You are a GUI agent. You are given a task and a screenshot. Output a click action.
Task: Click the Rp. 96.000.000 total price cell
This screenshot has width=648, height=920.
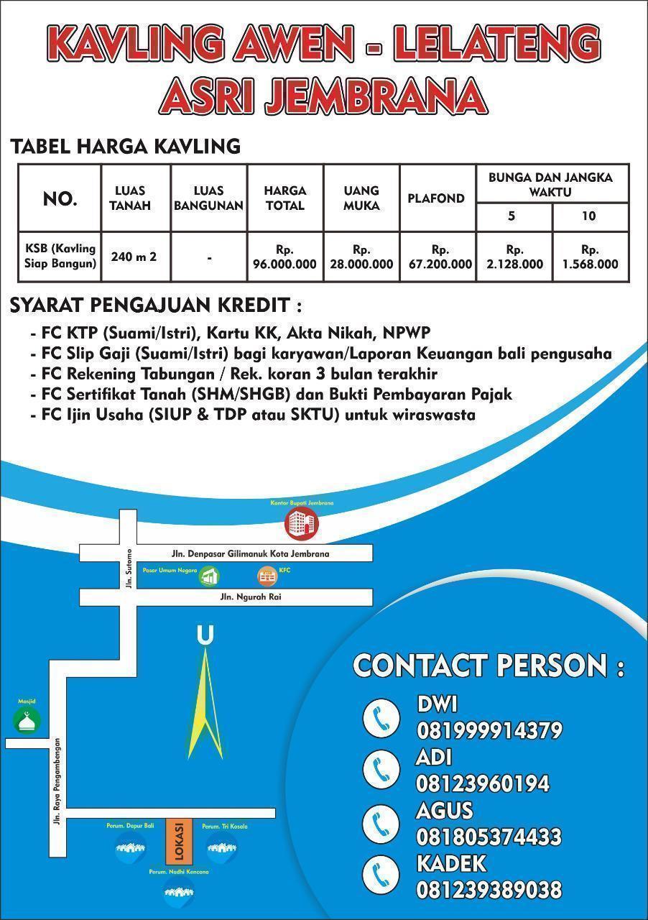tap(285, 257)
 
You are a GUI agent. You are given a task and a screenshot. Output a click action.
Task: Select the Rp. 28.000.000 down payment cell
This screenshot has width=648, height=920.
tap(361, 257)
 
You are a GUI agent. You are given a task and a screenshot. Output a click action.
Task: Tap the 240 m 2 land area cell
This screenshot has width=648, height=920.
tap(134, 256)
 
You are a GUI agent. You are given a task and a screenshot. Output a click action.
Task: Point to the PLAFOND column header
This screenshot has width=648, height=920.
tap(436, 198)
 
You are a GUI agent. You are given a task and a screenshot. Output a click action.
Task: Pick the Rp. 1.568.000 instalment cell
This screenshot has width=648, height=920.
tap(590, 257)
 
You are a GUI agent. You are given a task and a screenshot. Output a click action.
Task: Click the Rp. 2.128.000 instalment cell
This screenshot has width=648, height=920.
tap(514, 257)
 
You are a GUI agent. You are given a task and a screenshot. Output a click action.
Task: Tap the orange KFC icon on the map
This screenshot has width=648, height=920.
tap(268, 576)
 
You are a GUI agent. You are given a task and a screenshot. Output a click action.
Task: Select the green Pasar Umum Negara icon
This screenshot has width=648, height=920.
tap(210, 576)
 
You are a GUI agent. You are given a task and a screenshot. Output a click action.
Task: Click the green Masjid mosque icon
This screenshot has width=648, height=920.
tap(27, 721)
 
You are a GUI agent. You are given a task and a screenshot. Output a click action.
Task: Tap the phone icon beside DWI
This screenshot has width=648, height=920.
tap(381, 717)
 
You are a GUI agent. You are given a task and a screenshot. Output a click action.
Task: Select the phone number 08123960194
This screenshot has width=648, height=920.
tap(483, 783)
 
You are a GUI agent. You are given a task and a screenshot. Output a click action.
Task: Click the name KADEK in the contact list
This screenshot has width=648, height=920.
tap(451, 863)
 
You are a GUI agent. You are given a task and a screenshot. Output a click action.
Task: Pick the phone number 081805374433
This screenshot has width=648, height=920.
tap(489, 837)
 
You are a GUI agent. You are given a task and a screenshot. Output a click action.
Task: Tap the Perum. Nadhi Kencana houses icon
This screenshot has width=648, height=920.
tap(179, 892)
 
